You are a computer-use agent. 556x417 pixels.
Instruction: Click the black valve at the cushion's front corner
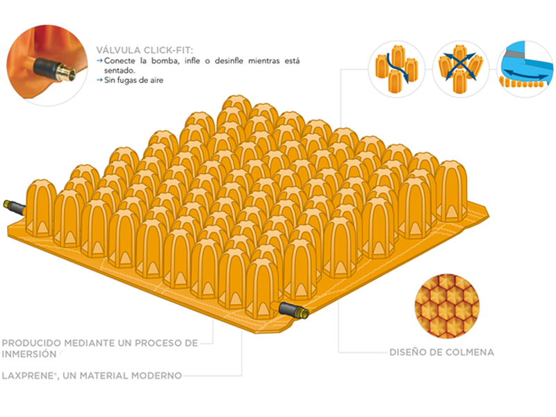click(292, 311)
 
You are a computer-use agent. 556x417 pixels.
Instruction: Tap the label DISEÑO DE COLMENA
click(442, 352)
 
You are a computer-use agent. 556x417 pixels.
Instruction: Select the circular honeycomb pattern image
click(448, 304)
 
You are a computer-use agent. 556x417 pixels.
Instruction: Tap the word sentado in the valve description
click(118, 70)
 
